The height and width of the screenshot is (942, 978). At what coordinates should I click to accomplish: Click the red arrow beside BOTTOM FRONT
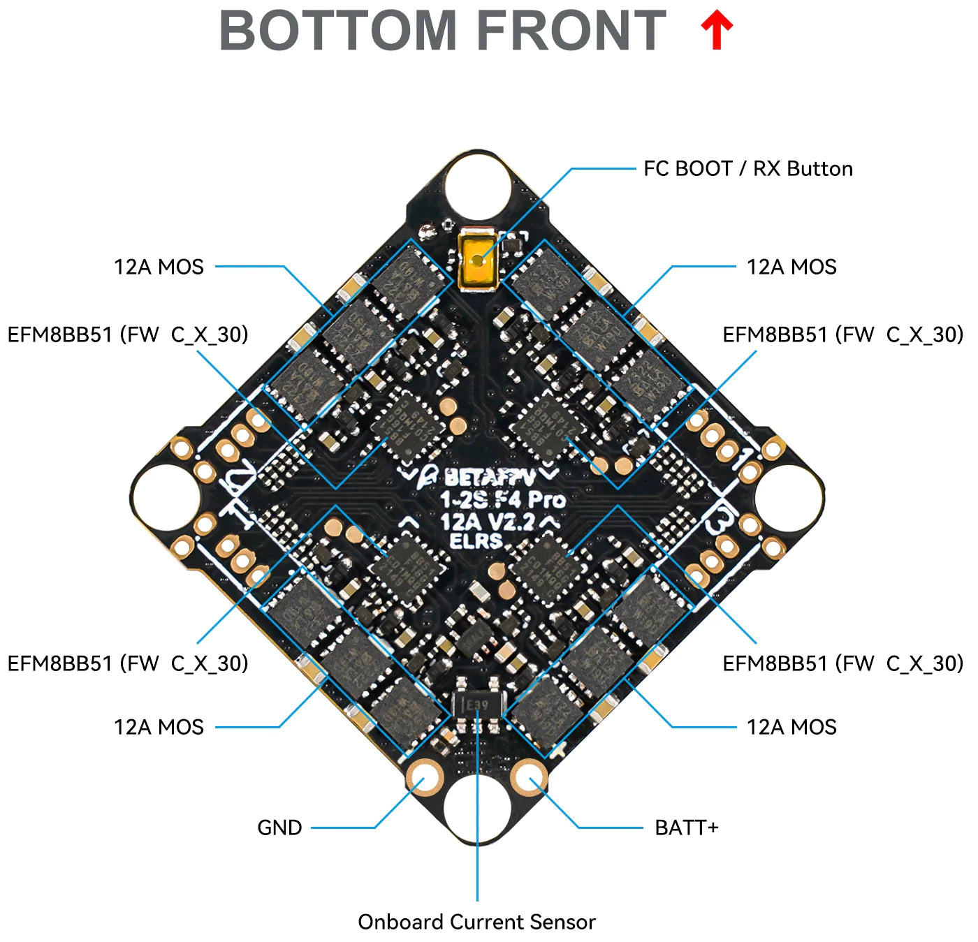(x=716, y=31)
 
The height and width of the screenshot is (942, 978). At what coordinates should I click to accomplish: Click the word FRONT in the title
(x=571, y=31)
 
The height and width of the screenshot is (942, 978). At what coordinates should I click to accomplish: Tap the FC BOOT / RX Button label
(x=747, y=169)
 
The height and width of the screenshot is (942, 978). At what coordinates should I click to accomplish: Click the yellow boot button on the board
(x=478, y=261)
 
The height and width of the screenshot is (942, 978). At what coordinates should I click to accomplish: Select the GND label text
(x=279, y=827)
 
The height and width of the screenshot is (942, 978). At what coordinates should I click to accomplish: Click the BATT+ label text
(x=686, y=827)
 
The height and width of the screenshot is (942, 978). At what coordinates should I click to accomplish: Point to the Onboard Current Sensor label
(x=476, y=922)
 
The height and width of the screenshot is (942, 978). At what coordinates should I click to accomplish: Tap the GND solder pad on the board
(x=424, y=778)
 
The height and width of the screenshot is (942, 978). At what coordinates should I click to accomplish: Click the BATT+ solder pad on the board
(x=529, y=778)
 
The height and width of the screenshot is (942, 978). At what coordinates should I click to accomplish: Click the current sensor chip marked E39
(x=477, y=705)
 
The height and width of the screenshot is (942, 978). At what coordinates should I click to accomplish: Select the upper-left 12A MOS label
(x=159, y=267)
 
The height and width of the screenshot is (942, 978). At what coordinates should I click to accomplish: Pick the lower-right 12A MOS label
(x=791, y=727)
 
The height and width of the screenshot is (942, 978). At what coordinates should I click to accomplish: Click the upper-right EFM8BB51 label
(x=842, y=334)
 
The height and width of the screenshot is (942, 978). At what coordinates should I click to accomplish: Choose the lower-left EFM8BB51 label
(x=128, y=663)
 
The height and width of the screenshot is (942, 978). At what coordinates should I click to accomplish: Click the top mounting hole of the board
(x=478, y=185)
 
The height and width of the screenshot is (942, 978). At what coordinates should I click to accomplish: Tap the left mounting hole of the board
(x=165, y=498)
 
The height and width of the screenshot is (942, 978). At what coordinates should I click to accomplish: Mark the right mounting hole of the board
(x=789, y=498)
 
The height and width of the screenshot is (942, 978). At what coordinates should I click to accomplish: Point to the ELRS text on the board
(x=476, y=540)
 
